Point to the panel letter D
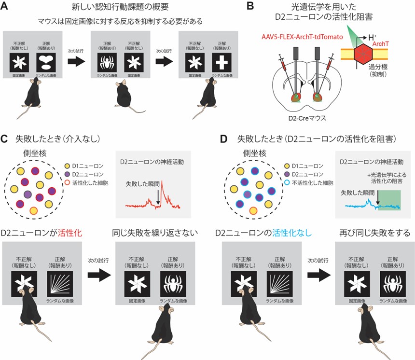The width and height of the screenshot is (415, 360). point(221,139)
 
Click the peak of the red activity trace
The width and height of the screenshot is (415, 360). point(163,180)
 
